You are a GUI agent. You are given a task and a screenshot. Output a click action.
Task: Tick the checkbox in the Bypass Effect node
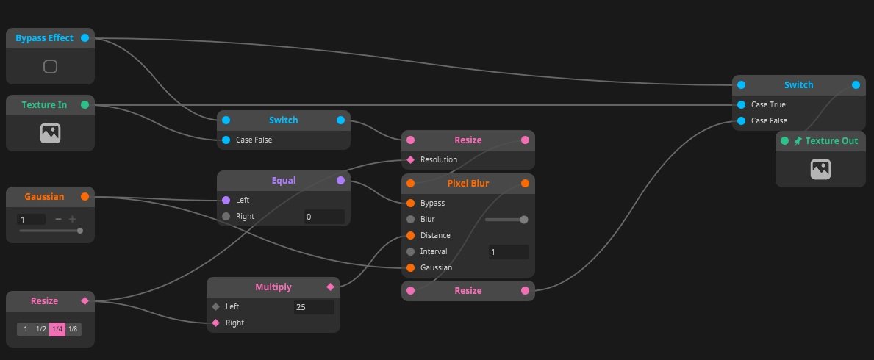coord(50,67)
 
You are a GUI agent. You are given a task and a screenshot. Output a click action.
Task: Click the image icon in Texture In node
coord(50,133)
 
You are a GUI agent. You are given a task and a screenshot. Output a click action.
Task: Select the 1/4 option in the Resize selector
coord(57,328)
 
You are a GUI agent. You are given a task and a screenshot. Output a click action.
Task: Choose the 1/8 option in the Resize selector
coord(73,328)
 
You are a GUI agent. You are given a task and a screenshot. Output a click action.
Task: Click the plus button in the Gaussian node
coord(72,219)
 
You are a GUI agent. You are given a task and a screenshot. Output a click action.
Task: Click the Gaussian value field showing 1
coord(31,219)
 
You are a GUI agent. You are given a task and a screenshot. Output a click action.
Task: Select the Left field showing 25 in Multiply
coord(314,306)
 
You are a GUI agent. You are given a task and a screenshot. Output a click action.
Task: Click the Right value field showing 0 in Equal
coord(324,217)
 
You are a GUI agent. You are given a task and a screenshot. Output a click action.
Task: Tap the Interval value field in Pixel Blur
coord(509,252)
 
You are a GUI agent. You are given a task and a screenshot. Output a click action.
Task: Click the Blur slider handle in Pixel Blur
coord(524,219)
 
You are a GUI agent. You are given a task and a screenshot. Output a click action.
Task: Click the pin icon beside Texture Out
coord(798,140)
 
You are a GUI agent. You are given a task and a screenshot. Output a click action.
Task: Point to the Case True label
coord(768,104)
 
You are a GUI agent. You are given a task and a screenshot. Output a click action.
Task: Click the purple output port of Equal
coord(340,180)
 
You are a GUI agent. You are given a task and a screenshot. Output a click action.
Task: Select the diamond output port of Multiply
coord(330,287)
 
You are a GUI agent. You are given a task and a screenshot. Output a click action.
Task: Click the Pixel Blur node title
coord(468,183)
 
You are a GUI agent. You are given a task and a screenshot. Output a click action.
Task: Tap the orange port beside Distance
coord(410,236)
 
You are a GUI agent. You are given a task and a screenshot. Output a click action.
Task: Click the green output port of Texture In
coord(85,105)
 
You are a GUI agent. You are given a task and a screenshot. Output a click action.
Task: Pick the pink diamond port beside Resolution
coord(410,159)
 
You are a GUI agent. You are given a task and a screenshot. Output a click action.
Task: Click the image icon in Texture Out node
coord(820,169)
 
